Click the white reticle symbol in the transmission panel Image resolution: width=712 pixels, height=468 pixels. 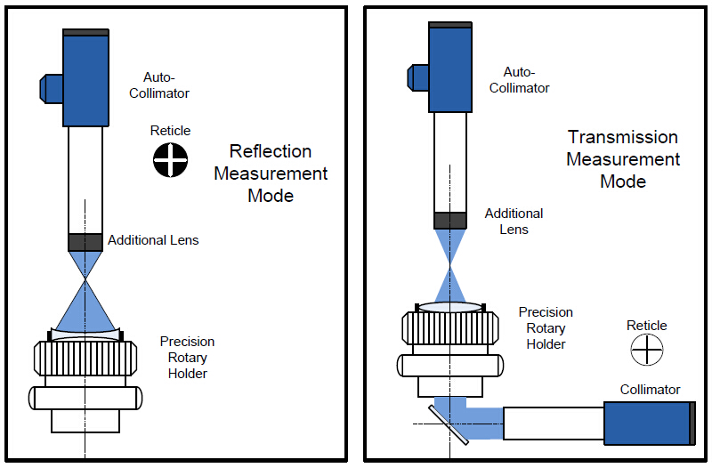[x=646, y=350]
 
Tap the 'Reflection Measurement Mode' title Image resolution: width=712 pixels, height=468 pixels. [x=271, y=173]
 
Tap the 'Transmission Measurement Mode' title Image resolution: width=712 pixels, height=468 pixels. [x=623, y=159]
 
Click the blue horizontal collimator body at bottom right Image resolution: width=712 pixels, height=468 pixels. [x=647, y=424]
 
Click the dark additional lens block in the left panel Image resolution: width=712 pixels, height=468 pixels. [x=85, y=241]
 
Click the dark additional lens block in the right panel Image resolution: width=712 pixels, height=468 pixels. [x=451, y=220]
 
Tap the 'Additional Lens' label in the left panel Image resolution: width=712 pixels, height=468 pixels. [x=153, y=240]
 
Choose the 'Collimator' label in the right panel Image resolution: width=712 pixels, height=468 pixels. [x=650, y=390]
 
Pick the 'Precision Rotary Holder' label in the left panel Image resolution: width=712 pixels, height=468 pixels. [x=187, y=358]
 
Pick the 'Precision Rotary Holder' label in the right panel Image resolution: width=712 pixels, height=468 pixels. [x=546, y=328]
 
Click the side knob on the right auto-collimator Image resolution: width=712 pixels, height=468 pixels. [x=417, y=77]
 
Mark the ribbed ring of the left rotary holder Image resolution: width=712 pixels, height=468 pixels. [x=85, y=359]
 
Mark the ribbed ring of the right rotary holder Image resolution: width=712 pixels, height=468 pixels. [x=450, y=329]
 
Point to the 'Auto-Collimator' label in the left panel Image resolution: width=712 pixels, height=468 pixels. [x=166, y=85]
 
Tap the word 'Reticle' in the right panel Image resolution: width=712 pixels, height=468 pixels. [x=646, y=326]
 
